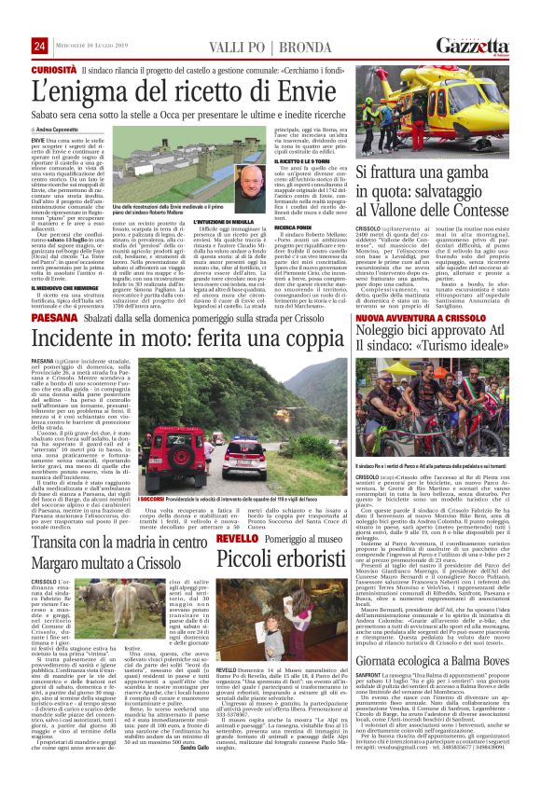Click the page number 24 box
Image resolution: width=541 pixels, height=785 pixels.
coord(39,46)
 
